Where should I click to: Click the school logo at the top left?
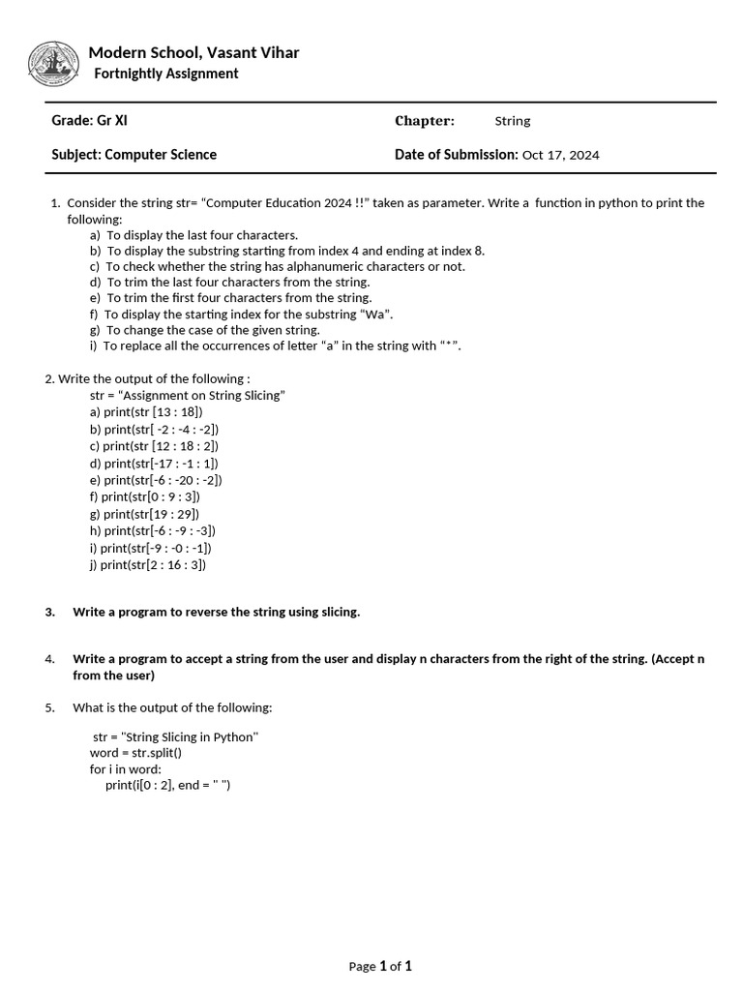coord(54,65)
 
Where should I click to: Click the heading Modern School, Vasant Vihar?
coord(193,52)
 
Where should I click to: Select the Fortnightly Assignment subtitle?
coord(165,74)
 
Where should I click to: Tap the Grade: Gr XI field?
coord(89,121)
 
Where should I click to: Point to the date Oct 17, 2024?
coord(560,155)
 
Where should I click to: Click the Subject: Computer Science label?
coord(134,155)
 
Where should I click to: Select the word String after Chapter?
coord(513,121)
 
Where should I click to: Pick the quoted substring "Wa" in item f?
coord(376,314)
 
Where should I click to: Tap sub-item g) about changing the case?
coord(203,330)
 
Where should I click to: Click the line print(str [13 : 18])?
coord(146,412)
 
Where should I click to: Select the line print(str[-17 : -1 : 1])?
coord(154,463)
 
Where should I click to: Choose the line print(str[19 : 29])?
coord(144,514)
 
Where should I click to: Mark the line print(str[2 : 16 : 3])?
coord(148,565)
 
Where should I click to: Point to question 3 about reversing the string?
coord(216,612)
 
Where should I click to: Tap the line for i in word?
coord(126,769)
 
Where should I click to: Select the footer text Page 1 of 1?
coord(380,966)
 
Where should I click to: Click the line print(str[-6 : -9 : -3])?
coord(153,530)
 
